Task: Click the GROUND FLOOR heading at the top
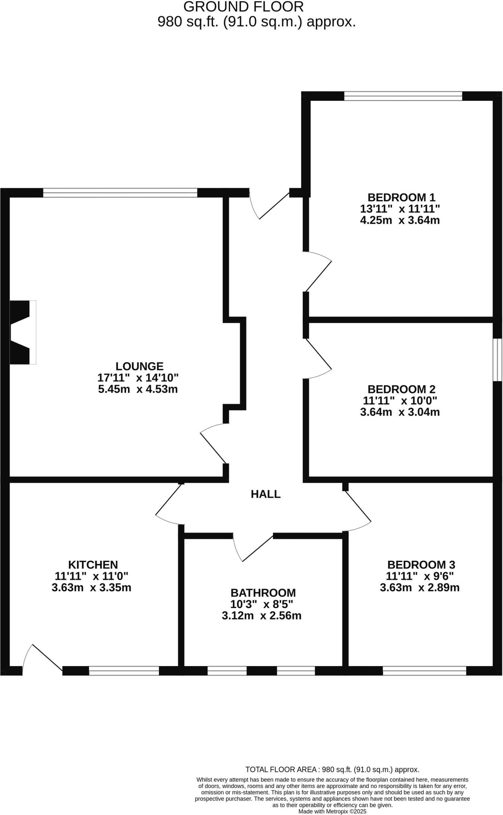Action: coord(244,7)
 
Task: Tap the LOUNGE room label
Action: coord(139,366)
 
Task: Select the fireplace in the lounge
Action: coord(22,332)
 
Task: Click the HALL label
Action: coord(265,494)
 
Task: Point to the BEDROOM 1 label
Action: coord(401,197)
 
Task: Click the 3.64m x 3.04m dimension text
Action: coord(400,412)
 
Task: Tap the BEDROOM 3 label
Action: coord(421,565)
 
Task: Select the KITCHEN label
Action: coord(93,565)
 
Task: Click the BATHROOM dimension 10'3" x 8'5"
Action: coord(263,604)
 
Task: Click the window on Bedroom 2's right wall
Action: coord(497,360)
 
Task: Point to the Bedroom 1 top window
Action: coord(403,96)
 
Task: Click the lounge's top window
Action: coord(120,193)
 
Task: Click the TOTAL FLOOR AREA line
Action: coord(332,770)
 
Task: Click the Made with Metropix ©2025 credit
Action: coord(332,811)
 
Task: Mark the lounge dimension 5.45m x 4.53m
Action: coord(137,389)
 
